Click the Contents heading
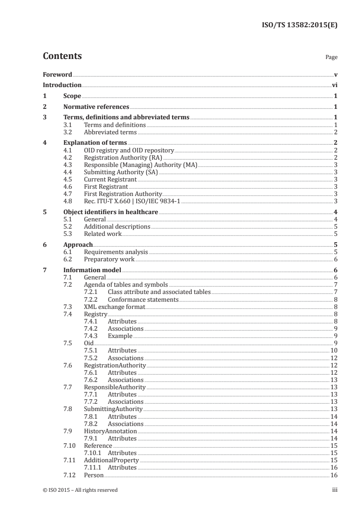(62, 56)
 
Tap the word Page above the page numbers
(331, 58)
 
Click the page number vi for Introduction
(334, 85)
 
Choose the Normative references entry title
(96, 107)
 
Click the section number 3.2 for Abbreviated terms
(68, 132)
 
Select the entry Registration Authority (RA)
(120, 157)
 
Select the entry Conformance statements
(143, 299)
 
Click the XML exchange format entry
(114, 307)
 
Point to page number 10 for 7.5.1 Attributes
(334, 351)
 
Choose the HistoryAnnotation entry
(110, 431)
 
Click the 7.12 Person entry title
(94, 475)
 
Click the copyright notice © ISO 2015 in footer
(80, 489)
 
